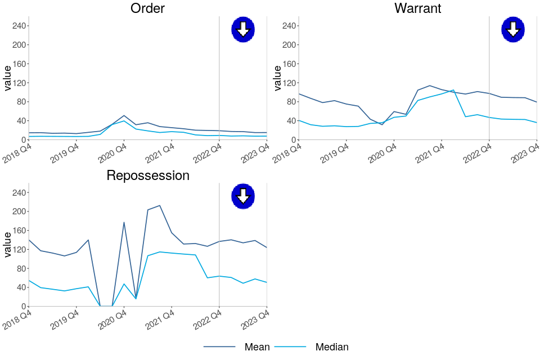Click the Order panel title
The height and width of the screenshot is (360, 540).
[x=147, y=8]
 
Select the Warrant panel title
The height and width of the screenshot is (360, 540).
[x=417, y=8]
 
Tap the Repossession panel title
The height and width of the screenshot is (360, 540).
[x=147, y=175]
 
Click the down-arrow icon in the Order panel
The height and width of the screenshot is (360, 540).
[x=243, y=29]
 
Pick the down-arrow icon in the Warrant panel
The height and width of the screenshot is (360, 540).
[x=512, y=29]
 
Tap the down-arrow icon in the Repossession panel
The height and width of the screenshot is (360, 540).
[x=243, y=196]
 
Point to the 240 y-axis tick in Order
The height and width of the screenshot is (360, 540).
[x=20, y=26]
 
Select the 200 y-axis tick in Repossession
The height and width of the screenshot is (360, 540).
[x=20, y=211]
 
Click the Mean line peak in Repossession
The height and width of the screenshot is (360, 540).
[x=160, y=205]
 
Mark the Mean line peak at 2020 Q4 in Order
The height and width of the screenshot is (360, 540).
[x=124, y=115]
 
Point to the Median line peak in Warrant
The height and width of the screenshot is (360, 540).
[x=453, y=90]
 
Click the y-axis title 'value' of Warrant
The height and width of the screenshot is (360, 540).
[x=277, y=78]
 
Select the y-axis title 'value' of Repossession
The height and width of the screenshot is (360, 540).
[x=8, y=245]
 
